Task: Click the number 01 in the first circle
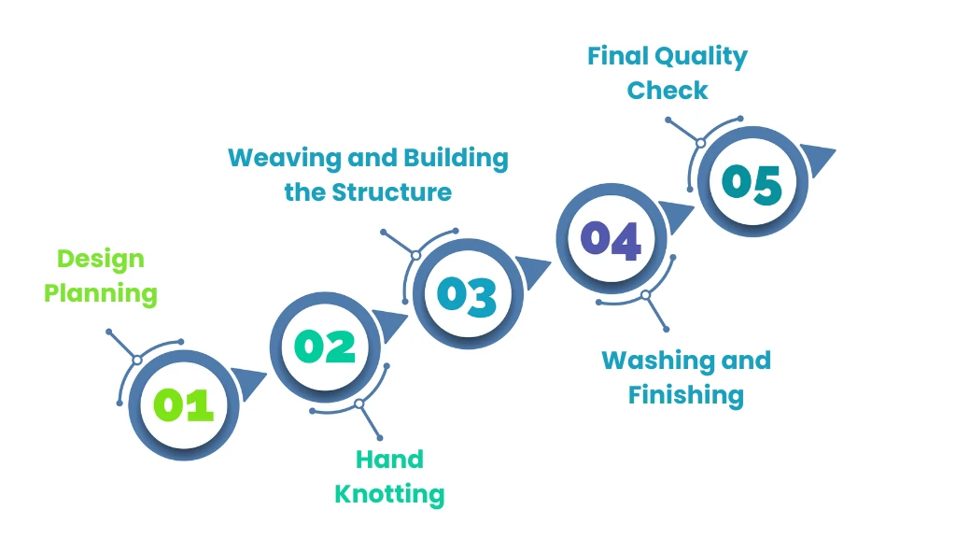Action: pyautogui.click(x=184, y=404)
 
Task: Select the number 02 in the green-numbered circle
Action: pyautogui.click(x=326, y=347)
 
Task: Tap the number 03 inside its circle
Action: pyautogui.click(x=468, y=295)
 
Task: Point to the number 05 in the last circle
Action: pyautogui.click(x=752, y=183)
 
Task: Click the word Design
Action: pyautogui.click(x=101, y=259)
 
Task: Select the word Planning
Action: pyautogui.click(x=101, y=293)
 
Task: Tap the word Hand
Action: pyautogui.click(x=389, y=459)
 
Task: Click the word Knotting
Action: pyautogui.click(x=389, y=493)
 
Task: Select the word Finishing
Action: pyautogui.click(x=685, y=395)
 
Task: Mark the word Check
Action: pyautogui.click(x=668, y=91)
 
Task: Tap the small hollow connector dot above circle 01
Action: pyautogui.click(x=137, y=360)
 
